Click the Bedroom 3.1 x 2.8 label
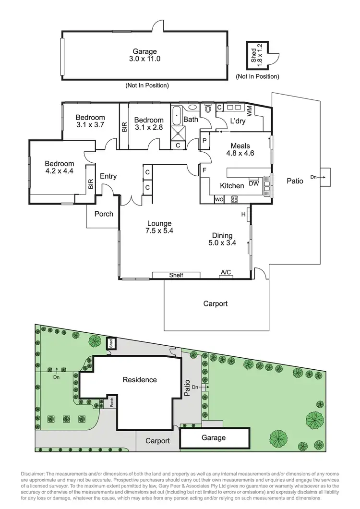tap(148, 124)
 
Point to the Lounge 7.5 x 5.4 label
tap(159, 227)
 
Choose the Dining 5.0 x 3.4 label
tap(222, 239)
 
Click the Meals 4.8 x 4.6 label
tap(242, 150)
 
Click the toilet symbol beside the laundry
tap(207, 109)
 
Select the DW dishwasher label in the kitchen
tap(254, 183)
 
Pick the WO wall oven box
tap(219, 199)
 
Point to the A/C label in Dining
tap(226, 272)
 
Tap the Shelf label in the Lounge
tap(176, 275)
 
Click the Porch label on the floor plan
tap(104, 213)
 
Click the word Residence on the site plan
tap(140, 380)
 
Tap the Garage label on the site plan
tap(214, 437)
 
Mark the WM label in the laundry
tap(249, 111)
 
